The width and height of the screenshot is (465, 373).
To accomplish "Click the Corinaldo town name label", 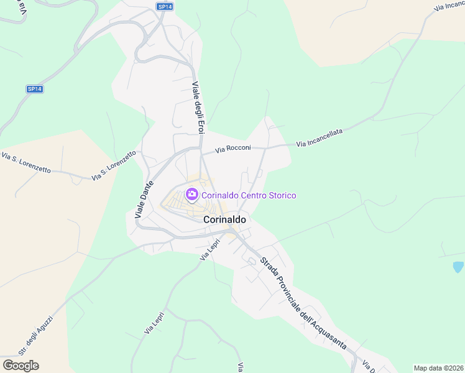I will [x=224, y=219].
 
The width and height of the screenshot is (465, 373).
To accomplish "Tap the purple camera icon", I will [x=191, y=195].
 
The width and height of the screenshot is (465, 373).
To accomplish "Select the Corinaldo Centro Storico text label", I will [x=248, y=195].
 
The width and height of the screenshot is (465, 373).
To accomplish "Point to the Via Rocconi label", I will [x=233, y=149].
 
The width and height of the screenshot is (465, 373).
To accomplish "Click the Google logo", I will [x=21, y=366].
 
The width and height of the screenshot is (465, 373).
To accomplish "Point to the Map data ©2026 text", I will [x=438, y=367].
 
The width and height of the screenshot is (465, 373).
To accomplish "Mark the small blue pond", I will [x=458, y=267].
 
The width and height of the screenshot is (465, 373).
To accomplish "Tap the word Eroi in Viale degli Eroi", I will [x=200, y=127].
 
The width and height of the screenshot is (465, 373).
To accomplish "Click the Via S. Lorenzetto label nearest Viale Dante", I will [x=114, y=166].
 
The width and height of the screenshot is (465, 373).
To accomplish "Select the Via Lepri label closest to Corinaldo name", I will [x=210, y=249].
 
